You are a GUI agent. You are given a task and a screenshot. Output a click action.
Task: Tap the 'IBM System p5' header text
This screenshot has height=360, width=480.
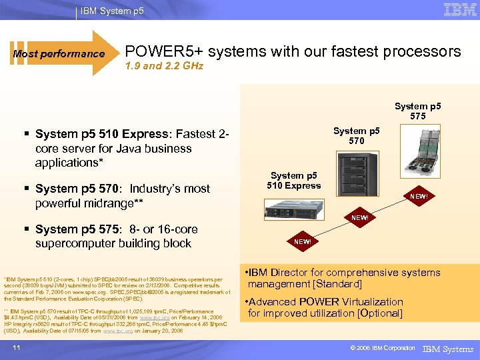(x=111, y=11)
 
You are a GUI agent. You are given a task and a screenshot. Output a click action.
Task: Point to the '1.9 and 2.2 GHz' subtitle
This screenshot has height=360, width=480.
(x=164, y=66)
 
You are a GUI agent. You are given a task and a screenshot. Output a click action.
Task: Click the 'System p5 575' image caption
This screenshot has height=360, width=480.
(x=417, y=111)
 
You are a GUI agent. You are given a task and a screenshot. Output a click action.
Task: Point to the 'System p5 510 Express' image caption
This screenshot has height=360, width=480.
(x=293, y=181)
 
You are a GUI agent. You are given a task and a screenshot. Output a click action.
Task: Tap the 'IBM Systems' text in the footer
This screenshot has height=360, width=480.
(x=449, y=349)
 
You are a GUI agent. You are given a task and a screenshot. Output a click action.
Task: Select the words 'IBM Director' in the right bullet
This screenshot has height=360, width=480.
(x=277, y=273)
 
